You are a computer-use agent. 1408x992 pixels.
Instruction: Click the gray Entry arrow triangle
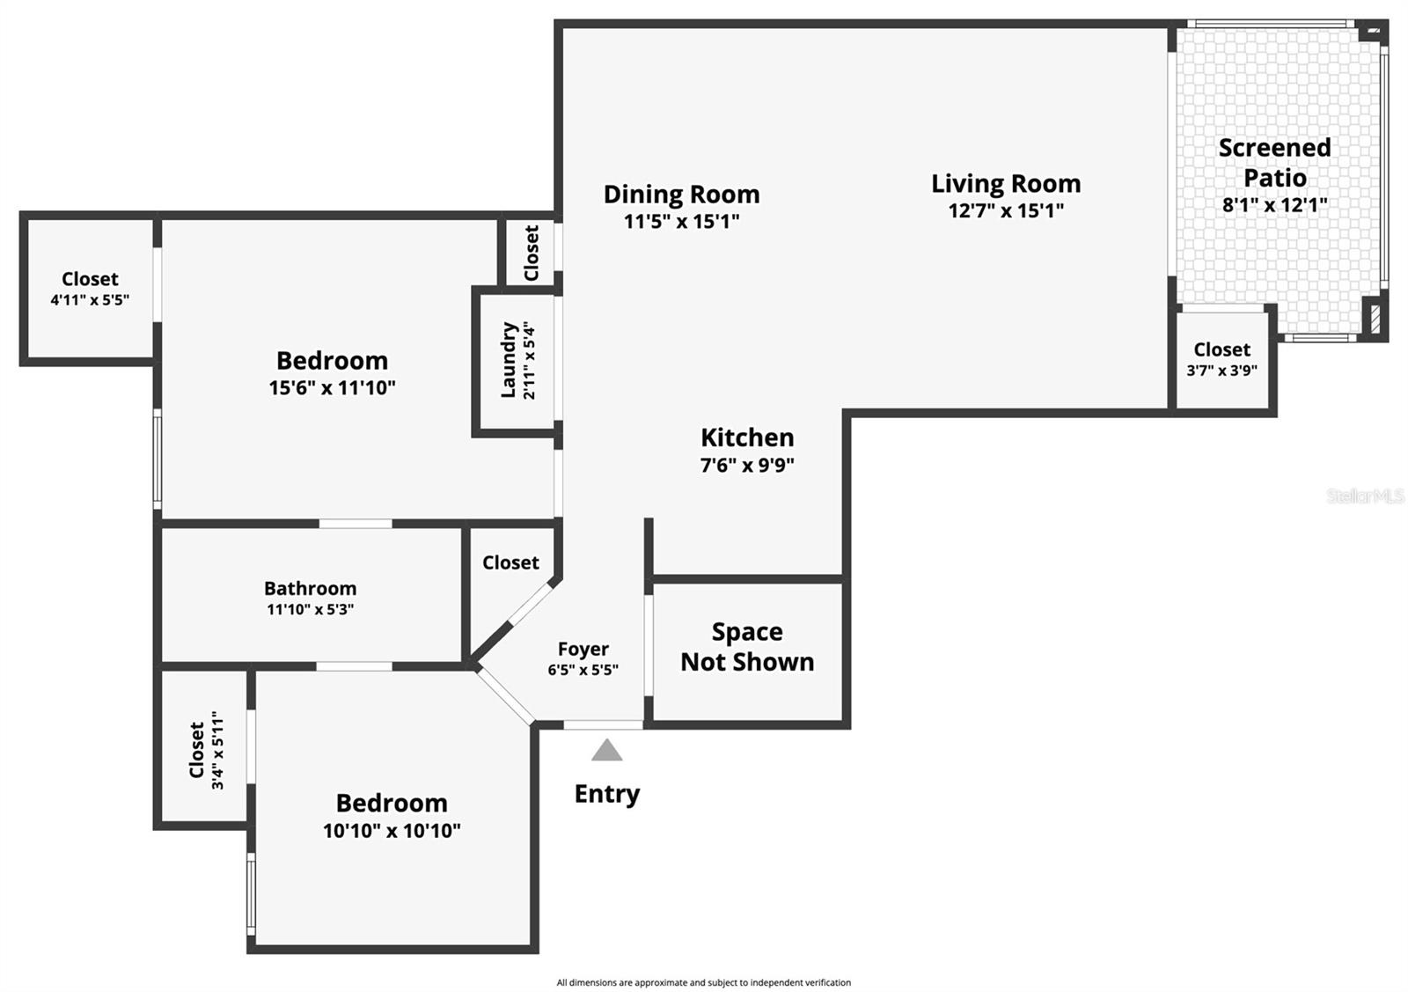point(606,750)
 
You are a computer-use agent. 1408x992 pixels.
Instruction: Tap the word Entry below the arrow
point(607,795)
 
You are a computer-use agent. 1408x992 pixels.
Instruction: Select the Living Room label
point(1006,184)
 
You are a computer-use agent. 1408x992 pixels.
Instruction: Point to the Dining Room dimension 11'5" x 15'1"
point(681,221)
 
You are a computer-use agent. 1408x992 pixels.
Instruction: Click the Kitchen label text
point(747,437)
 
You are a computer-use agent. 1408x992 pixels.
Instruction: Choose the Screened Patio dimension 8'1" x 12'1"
point(1275,205)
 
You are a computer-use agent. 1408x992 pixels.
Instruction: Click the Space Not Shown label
point(747,647)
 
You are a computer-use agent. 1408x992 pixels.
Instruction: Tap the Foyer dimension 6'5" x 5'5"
point(583,670)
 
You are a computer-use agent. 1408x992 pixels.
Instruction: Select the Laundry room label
point(509,360)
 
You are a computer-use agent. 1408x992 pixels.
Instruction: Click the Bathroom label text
point(310,588)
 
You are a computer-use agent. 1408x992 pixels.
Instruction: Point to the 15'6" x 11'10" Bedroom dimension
point(332,388)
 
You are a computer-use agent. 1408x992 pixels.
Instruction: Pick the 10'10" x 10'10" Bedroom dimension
point(392,831)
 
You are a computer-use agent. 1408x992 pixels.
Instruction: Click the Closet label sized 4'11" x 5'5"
point(90,279)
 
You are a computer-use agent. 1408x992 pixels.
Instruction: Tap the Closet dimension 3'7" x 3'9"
point(1222,371)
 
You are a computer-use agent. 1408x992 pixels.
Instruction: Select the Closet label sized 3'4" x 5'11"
point(197,749)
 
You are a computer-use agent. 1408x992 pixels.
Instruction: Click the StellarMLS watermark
point(1365,496)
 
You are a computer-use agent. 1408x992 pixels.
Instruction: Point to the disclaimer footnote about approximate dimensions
point(703,982)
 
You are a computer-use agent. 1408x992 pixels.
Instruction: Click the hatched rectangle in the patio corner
point(1375,320)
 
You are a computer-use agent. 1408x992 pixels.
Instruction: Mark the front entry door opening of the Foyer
point(603,724)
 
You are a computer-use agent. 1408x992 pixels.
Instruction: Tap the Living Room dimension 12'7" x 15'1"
point(1006,210)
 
